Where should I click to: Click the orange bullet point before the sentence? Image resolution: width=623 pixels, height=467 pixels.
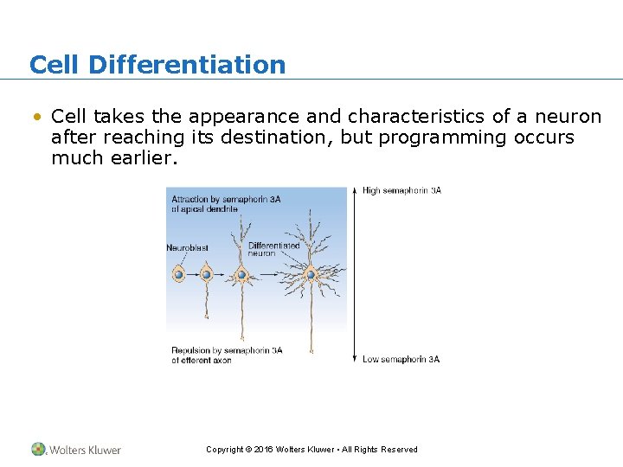pos(35,117)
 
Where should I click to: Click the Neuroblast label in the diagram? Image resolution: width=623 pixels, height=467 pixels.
pos(187,248)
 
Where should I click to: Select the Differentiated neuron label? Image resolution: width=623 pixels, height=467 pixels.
pos(273,249)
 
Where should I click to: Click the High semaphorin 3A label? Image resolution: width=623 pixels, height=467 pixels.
pos(401,190)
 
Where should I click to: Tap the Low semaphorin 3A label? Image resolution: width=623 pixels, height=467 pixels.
pos(401,359)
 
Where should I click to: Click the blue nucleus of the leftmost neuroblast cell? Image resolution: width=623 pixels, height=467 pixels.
pos(178,274)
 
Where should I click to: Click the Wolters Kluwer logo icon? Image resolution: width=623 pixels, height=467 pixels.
pos(39,449)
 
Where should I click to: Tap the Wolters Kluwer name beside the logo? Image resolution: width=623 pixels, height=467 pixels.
pos(85,450)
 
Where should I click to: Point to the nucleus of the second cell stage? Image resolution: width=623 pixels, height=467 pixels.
pos(207,274)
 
